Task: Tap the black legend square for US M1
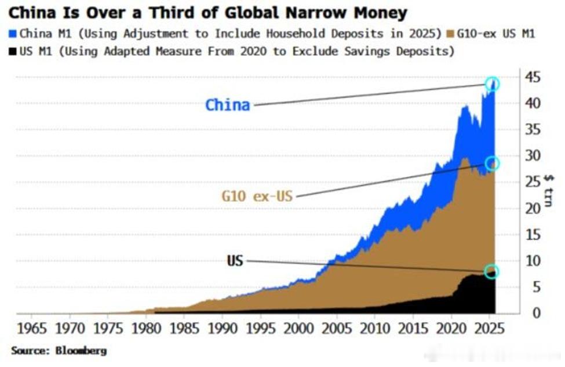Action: pyautogui.click(x=14, y=51)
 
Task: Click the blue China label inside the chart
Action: pyautogui.click(x=228, y=105)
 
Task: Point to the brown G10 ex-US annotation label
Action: pyautogui.click(x=257, y=196)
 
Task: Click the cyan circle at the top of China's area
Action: pyautogui.click(x=492, y=84)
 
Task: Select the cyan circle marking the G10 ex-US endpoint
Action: pyautogui.click(x=492, y=163)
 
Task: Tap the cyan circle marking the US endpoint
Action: pyautogui.click(x=492, y=272)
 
